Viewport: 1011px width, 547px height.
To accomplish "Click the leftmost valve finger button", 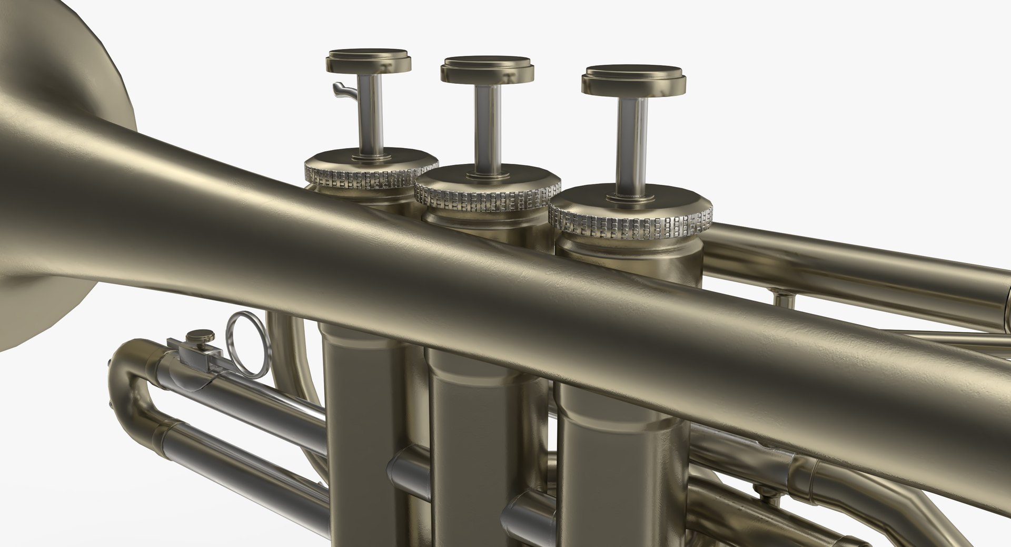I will (x=369, y=61).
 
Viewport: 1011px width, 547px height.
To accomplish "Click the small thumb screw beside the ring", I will (x=201, y=336).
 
